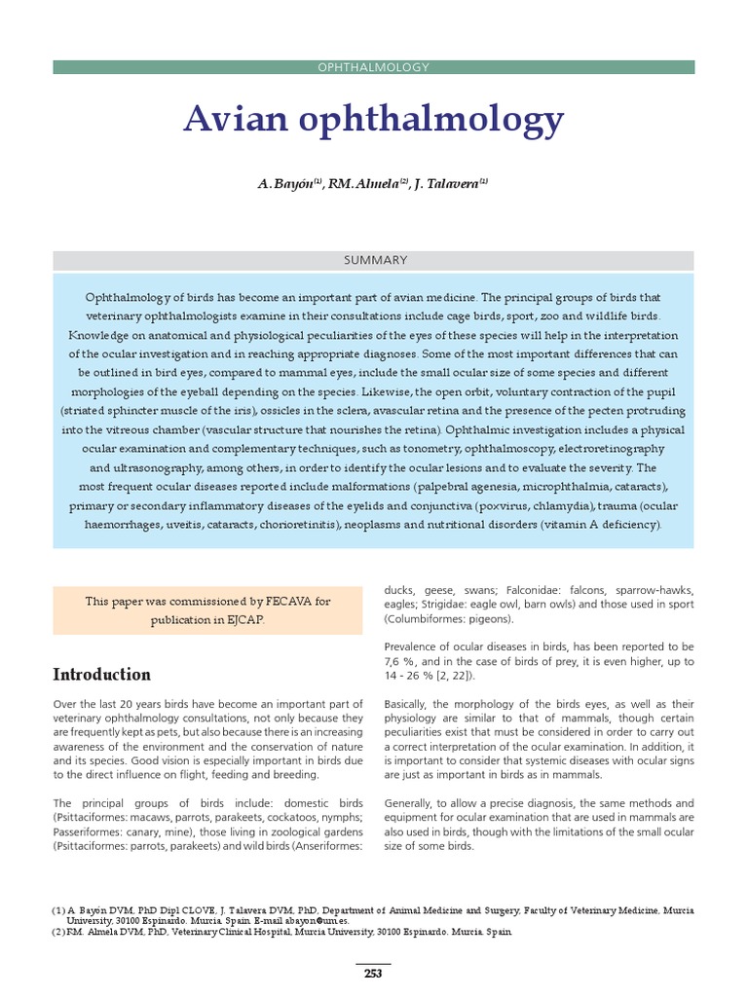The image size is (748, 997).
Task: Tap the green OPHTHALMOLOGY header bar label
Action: (374, 67)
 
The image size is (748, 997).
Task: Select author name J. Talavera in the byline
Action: (448, 185)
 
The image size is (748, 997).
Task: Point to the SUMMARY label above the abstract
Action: (374, 260)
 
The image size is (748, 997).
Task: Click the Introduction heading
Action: (101, 675)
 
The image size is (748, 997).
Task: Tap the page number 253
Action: (374, 974)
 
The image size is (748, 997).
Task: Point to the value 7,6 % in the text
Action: (400, 662)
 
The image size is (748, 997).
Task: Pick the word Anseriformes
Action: (327, 846)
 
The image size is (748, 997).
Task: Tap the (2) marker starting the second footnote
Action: (57, 932)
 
